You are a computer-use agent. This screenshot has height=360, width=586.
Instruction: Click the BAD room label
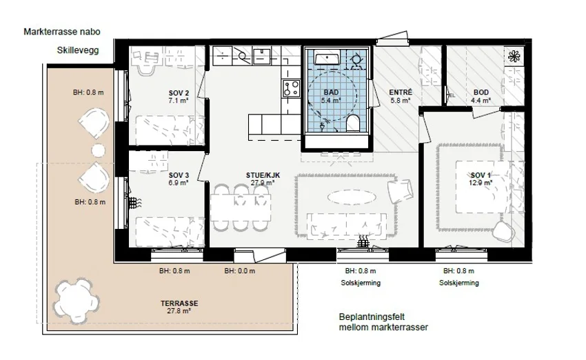(331, 92)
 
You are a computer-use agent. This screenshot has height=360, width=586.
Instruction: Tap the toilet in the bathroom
(352, 123)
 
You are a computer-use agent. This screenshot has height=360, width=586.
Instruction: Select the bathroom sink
(327, 59)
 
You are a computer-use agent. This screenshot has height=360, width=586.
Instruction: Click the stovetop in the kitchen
(291, 88)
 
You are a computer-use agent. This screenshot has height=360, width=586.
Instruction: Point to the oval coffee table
(352, 197)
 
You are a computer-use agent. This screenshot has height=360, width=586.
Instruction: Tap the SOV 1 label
(481, 175)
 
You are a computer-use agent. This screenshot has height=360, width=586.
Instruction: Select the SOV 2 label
(179, 93)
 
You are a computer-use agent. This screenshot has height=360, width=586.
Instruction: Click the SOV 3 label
(179, 175)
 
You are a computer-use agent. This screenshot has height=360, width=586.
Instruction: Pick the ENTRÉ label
(401, 92)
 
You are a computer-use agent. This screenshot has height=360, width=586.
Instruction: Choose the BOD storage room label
(481, 92)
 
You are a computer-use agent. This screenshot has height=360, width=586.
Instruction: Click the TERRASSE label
(179, 303)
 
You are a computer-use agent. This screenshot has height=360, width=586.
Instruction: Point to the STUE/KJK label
(263, 175)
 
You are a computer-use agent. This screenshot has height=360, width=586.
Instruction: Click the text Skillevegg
(78, 50)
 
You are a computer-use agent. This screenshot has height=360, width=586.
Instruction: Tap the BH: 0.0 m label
(240, 271)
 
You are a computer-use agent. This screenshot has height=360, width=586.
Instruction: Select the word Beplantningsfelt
(372, 317)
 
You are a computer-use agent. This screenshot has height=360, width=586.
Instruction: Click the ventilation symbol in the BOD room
(514, 57)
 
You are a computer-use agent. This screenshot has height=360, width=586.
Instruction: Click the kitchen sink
(261, 56)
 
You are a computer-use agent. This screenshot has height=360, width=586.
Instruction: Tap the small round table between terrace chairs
(99, 150)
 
